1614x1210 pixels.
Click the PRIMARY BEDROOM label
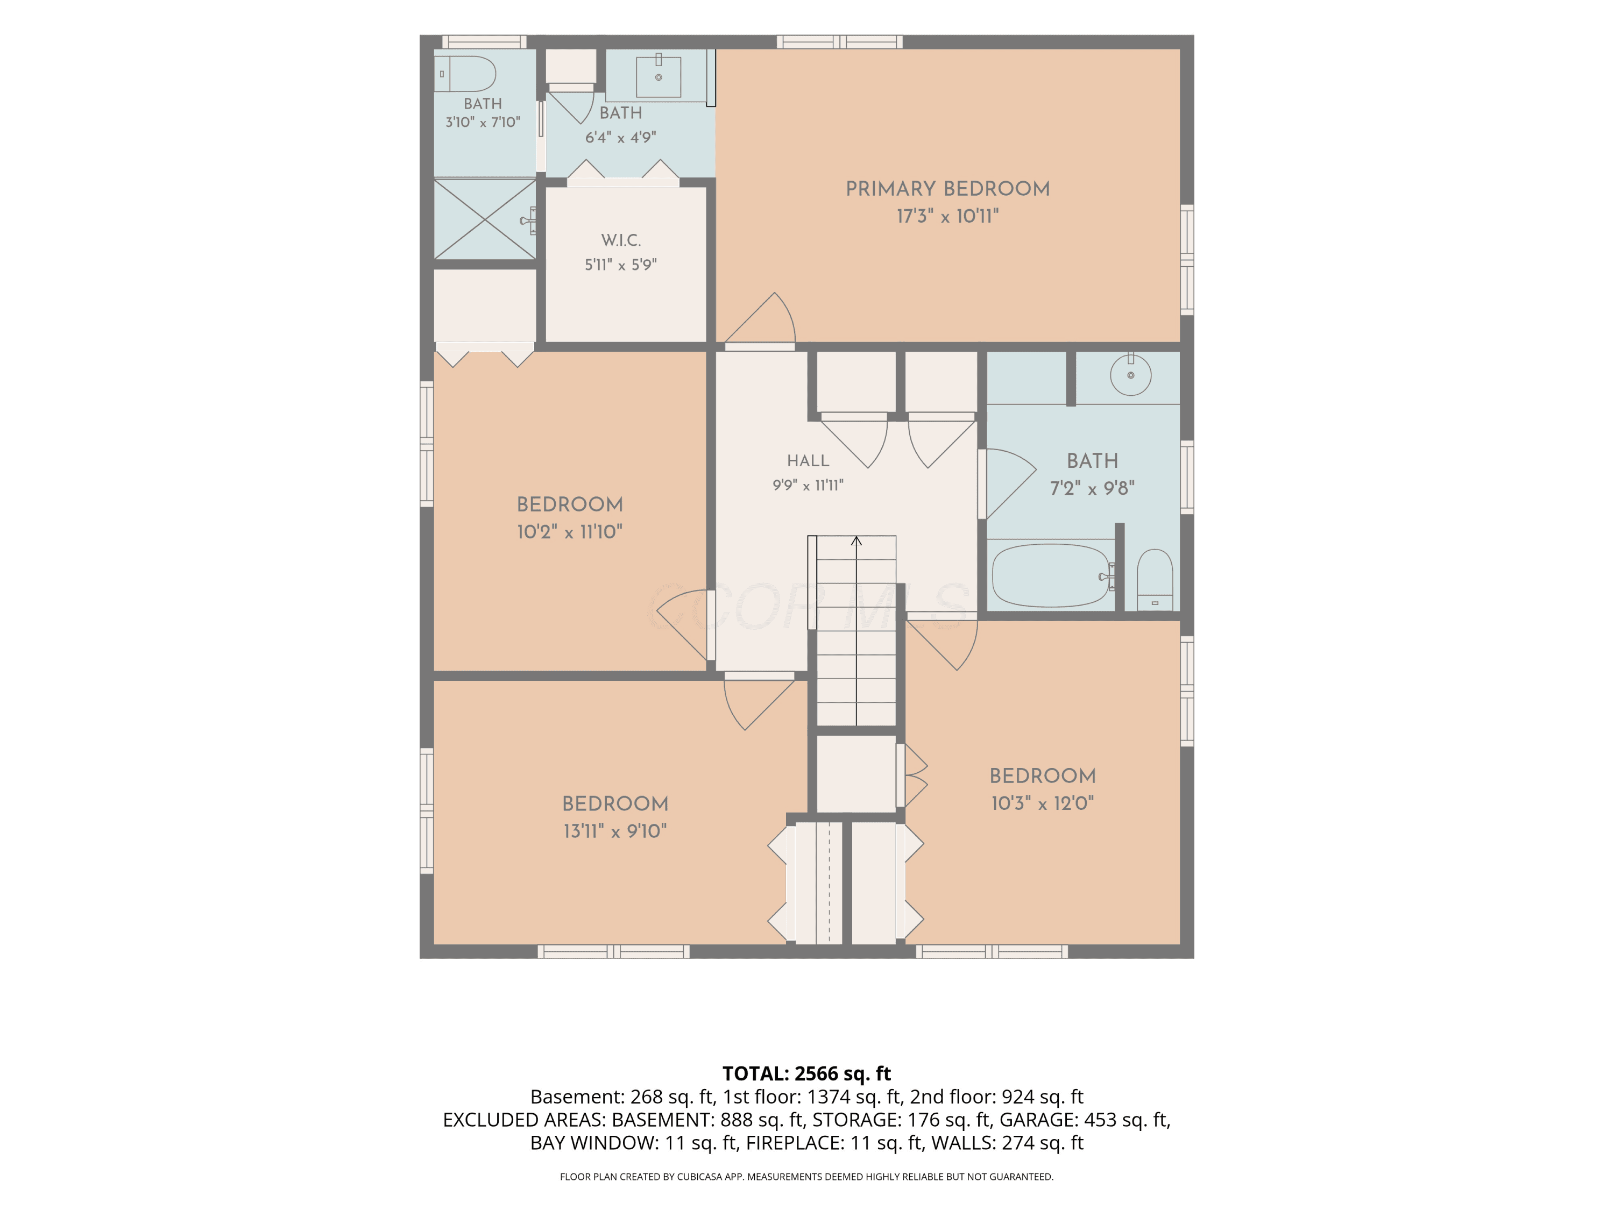(948, 189)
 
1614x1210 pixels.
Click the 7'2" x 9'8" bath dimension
(1092, 488)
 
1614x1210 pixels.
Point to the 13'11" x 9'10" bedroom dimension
(615, 831)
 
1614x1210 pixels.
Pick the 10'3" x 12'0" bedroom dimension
(1043, 803)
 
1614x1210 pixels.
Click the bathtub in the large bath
(1051, 575)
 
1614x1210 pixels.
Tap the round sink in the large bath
(1130, 375)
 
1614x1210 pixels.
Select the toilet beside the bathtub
(1155, 580)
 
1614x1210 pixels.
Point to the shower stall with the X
(485, 219)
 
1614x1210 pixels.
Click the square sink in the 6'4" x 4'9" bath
(658, 76)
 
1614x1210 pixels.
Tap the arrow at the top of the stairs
(856, 541)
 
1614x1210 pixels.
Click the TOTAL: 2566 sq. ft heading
(806, 1073)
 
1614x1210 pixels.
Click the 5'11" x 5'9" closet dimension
(620, 265)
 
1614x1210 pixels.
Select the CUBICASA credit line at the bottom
(806, 1177)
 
